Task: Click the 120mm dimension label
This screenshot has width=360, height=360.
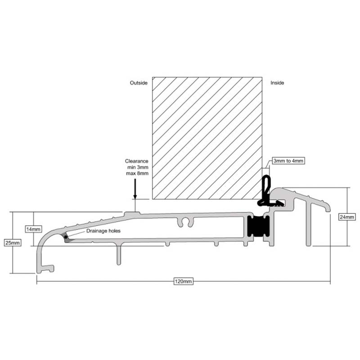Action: coord(183,281)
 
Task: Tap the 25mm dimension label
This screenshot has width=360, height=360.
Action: coord(13,243)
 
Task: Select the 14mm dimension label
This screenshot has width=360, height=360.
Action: coord(33,229)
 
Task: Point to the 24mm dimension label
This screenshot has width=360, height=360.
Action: coord(347,217)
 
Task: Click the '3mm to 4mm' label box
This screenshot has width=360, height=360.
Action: coord(288,161)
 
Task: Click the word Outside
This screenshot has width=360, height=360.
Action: coord(139,83)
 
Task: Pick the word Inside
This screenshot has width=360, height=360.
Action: coord(277,83)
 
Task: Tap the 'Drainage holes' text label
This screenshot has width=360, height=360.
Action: coord(103,231)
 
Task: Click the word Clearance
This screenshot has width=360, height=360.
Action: coord(137,161)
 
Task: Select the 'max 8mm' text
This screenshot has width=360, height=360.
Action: coord(137,173)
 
